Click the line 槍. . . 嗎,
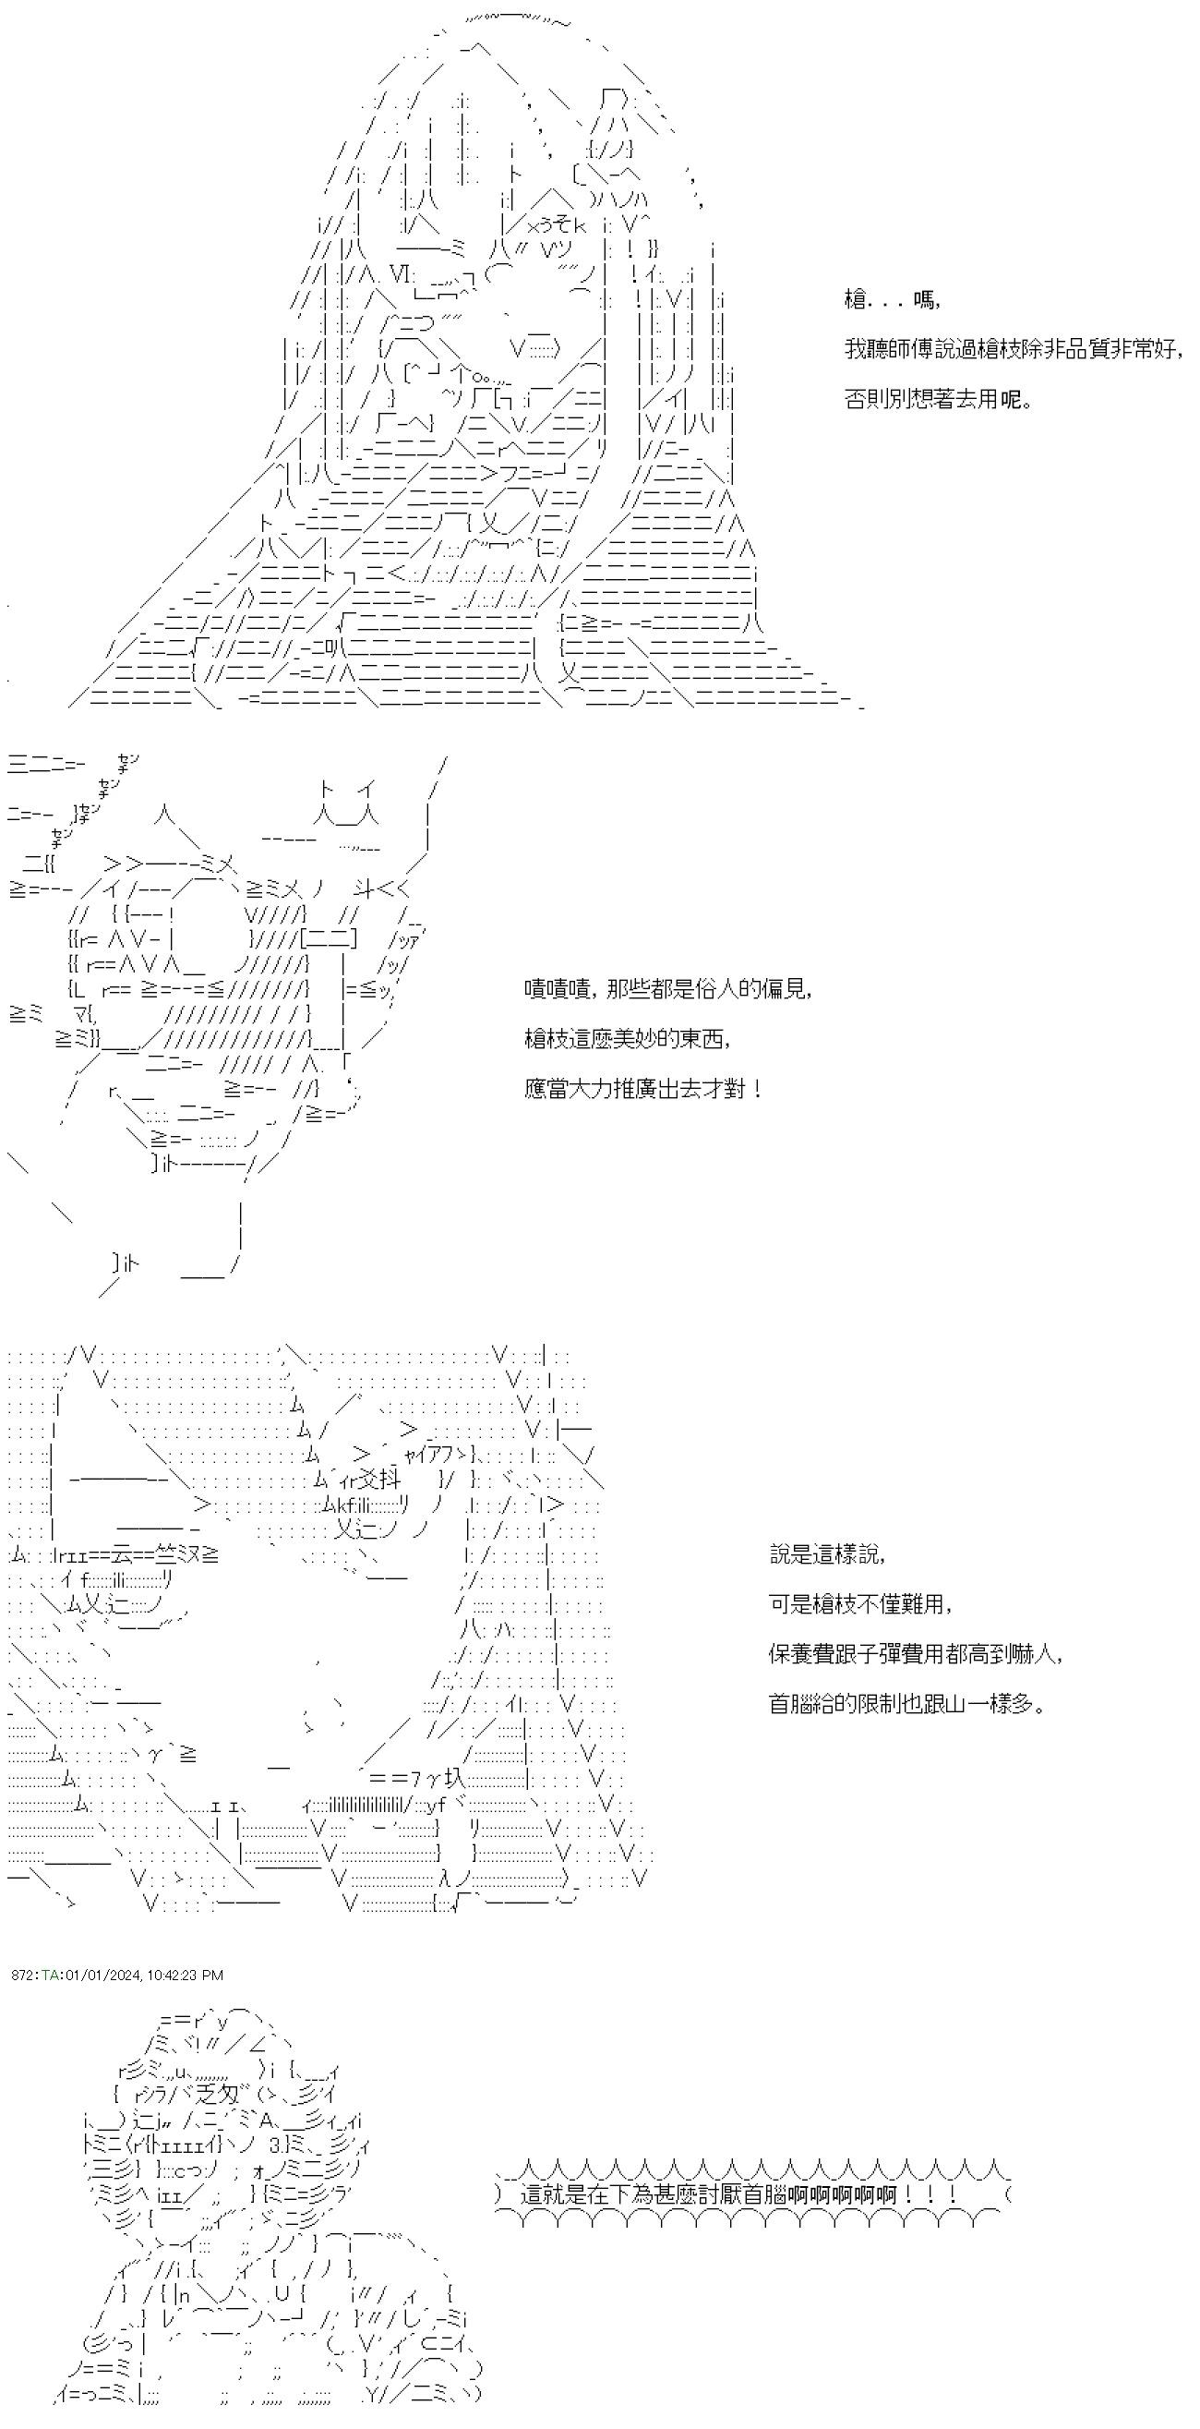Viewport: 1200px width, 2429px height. [892, 301]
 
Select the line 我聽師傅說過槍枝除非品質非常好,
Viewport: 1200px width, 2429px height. [1014, 349]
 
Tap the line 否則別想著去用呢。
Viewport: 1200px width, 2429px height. [939, 399]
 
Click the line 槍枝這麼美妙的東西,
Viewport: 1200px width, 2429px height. [628, 1038]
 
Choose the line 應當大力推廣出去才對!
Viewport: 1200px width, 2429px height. [642, 1089]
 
